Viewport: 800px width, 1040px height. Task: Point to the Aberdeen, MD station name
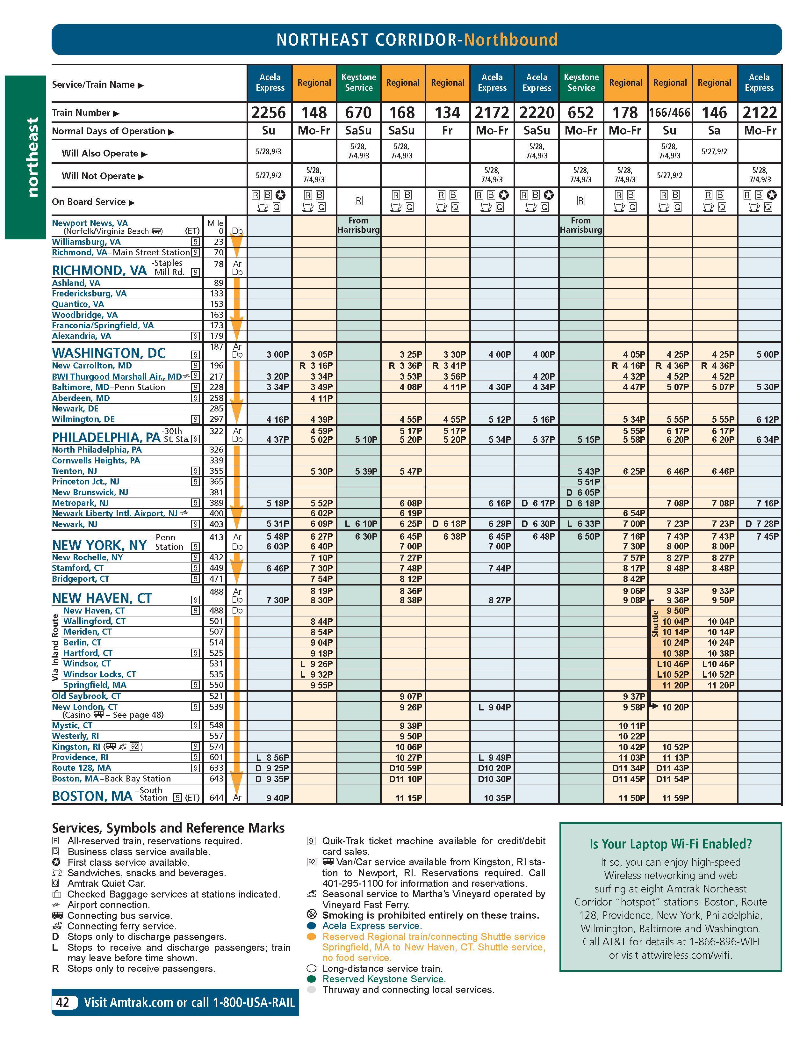pyautogui.click(x=81, y=398)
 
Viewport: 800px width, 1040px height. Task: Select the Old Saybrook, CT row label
pyautogui.click(x=86, y=696)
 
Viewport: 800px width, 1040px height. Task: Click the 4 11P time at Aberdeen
pyautogui.click(x=322, y=398)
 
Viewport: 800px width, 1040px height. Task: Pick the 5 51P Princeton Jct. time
pyautogui.click(x=589, y=481)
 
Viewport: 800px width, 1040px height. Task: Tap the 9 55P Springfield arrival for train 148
pyautogui.click(x=322, y=685)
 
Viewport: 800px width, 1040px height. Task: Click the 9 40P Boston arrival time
pyautogui.click(x=278, y=798)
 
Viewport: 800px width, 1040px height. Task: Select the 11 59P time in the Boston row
pyautogui.click(x=675, y=798)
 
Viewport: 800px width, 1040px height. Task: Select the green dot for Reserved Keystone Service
pyautogui.click(x=312, y=979)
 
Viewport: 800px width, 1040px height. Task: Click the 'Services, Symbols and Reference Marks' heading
pyautogui.click(x=168, y=828)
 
